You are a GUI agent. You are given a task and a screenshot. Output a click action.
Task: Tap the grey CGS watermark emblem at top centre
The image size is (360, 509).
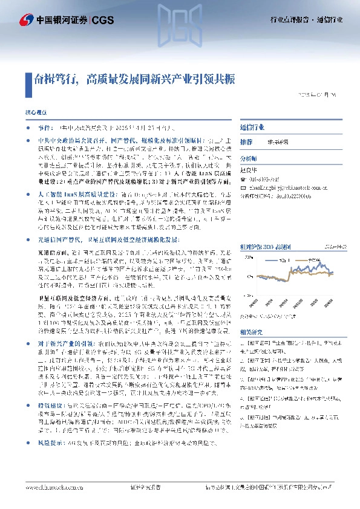180,19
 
